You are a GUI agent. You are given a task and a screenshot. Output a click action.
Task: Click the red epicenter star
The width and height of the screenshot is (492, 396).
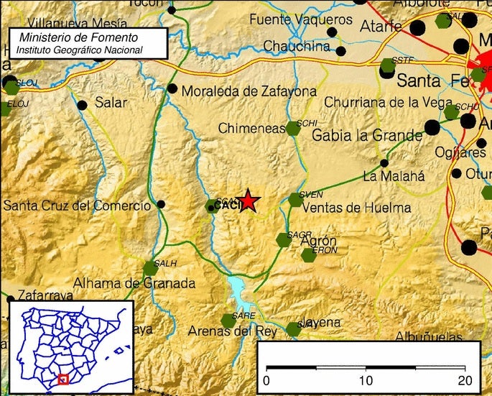pos(248,201)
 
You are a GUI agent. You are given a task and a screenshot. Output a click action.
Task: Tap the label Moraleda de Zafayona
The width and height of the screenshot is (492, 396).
pos(249,91)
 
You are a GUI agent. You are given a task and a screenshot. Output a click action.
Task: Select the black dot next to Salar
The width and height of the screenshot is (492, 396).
pos(82,105)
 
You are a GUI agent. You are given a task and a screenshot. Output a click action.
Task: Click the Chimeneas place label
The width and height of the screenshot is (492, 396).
pos(252,128)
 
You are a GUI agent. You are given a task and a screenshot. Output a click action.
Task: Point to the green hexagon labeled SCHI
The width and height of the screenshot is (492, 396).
pos(293,129)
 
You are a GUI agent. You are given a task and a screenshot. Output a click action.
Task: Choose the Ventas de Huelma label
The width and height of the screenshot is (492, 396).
pos(357,208)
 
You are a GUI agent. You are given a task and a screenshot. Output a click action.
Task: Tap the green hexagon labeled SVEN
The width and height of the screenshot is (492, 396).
pos(296,200)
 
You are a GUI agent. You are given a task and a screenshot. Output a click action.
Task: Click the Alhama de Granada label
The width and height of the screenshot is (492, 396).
pos(134,282)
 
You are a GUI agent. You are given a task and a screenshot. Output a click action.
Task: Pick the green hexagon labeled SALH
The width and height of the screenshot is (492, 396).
pos(150,269)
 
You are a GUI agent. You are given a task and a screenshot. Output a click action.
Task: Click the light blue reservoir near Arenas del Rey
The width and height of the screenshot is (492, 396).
pos(237,291)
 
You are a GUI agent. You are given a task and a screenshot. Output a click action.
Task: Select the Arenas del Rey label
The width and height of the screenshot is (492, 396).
pos(232,331)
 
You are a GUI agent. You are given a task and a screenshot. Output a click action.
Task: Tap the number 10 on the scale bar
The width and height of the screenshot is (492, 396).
pos(366,380)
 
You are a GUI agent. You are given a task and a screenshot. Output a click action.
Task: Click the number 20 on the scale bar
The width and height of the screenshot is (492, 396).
pos(465,380)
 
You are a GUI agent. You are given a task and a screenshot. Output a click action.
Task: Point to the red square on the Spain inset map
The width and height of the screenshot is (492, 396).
pos(63,379)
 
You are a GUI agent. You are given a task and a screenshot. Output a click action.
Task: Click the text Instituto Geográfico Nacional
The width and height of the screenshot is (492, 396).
pos(80,50)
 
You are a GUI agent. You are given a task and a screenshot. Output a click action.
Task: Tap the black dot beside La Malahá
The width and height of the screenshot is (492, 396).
pos(384,163)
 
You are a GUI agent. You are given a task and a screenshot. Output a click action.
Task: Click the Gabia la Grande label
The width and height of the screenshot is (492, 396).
pos(367,135)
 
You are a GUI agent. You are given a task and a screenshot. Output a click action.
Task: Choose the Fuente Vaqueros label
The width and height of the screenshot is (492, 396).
pos(301,20)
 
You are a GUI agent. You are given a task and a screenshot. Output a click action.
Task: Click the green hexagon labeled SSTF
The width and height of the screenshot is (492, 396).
pos(388,66)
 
